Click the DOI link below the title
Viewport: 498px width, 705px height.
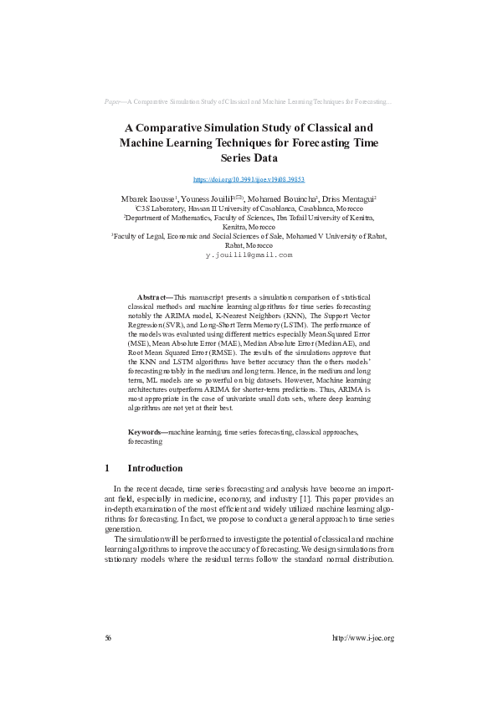(x=249, y=179)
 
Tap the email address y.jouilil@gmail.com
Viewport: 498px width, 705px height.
(x=249, y=254)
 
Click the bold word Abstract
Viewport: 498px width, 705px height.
(x=152, y=296)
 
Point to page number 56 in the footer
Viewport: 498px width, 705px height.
(x=108, y=638)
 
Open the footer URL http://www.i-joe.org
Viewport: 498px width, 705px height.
(x=362, y=638)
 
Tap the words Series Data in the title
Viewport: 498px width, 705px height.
(x=249, y=157)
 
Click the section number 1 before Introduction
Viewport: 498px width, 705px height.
(x=107, y=468)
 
